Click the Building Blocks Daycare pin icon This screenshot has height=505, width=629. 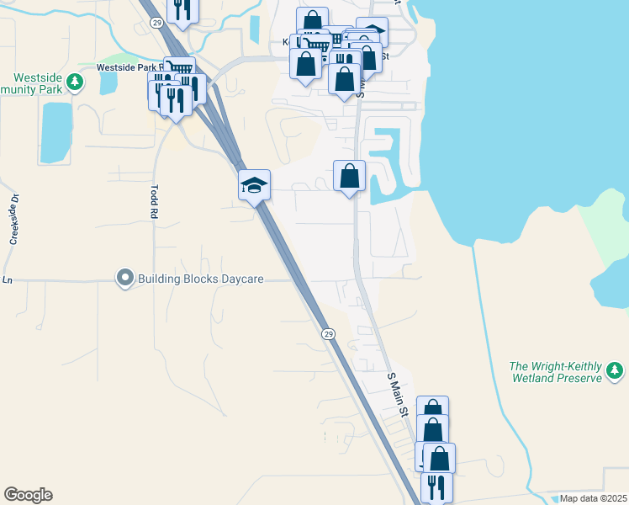[x=125, y=277]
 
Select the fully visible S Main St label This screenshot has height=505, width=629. [x=398, y=396]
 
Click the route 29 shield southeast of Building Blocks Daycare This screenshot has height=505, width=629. [x=328, y=334]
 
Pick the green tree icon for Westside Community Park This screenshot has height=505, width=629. [x=76, y=82]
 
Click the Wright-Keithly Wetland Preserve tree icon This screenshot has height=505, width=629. [x=615, y=370]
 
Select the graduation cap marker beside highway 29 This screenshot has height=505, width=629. [x=254, y=184]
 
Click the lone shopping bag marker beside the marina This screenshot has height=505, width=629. [x=350, y=177]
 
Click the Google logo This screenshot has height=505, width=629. [x=28, y=495]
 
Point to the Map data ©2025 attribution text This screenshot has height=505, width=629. [x=593, y=498]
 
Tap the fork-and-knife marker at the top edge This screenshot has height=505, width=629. [x=182, y=8]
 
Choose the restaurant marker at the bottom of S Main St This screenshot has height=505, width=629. [x=436, y=486]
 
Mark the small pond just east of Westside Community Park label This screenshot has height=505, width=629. [x=108, y=82]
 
